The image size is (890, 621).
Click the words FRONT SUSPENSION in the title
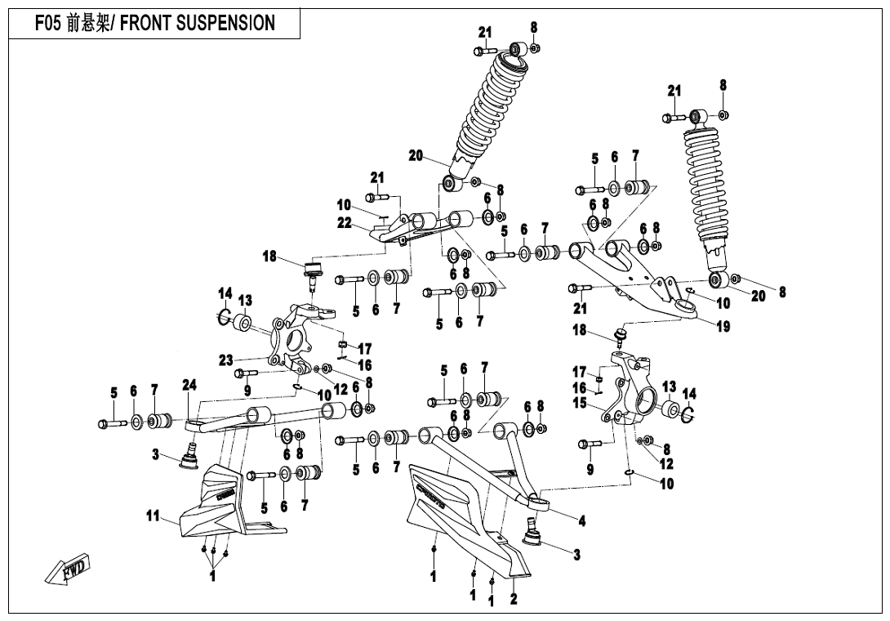198,23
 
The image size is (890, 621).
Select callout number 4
581,520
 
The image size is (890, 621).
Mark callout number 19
723,327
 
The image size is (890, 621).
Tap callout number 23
226,359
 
